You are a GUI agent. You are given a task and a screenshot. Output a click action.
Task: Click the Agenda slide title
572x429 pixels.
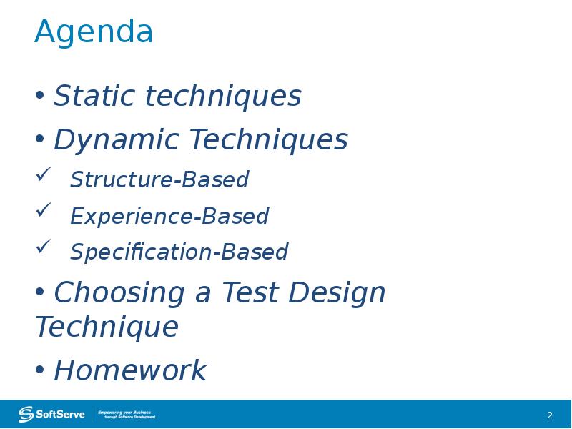click(94, 33)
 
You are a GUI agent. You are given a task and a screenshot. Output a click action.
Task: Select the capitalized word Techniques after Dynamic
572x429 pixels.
click(268, 140)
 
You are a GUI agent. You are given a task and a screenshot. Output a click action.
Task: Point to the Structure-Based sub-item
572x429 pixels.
click(159, 180)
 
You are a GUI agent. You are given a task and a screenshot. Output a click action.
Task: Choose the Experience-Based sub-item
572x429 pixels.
click(169, 216)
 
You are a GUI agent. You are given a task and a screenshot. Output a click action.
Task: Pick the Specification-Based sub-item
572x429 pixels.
click(179, 252)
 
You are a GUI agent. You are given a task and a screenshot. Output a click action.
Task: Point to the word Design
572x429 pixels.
click(338, 293)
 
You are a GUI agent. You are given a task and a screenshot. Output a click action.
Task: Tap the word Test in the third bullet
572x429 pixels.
click(249, 293)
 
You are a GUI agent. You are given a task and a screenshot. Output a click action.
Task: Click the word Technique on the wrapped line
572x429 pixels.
click(107, 327)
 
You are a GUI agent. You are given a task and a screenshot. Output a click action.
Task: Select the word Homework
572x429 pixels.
click(130, 371)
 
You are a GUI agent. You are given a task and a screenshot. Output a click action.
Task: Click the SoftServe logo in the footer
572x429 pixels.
click(52, 414)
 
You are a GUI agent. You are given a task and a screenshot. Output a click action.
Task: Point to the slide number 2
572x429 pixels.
click(550, 415)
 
